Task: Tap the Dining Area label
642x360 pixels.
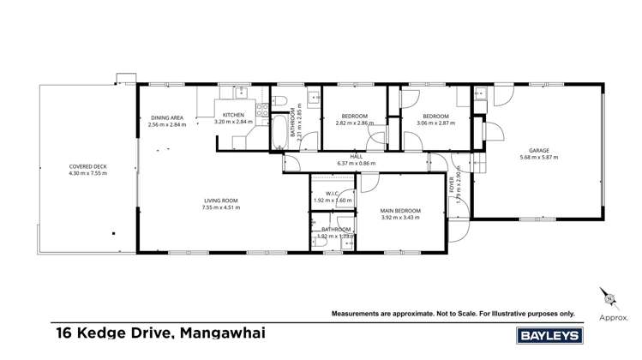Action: pyautogui.click(x=166, y=117)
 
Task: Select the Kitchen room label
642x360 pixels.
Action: pyautogui.click(x=234, y=115)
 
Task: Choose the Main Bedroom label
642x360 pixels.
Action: pyautogui.click(x=401, y=210)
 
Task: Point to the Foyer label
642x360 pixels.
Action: pyautogui.click(x=453, y=183)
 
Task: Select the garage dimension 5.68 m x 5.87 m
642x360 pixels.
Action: pyautogui.click(x=539, y=158)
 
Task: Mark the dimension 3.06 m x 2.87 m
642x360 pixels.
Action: pyautogui.click(x=435, y=123)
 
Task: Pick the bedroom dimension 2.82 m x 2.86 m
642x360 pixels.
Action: pyautogui.click(x=355, y=123)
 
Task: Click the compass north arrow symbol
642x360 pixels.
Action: pyautogui.click(x=611, y=297)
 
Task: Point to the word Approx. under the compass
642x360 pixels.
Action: pyautogui.click(x=613, y=316)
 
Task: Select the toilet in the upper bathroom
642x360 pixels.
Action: pyautogui.click(x=281, y=104)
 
